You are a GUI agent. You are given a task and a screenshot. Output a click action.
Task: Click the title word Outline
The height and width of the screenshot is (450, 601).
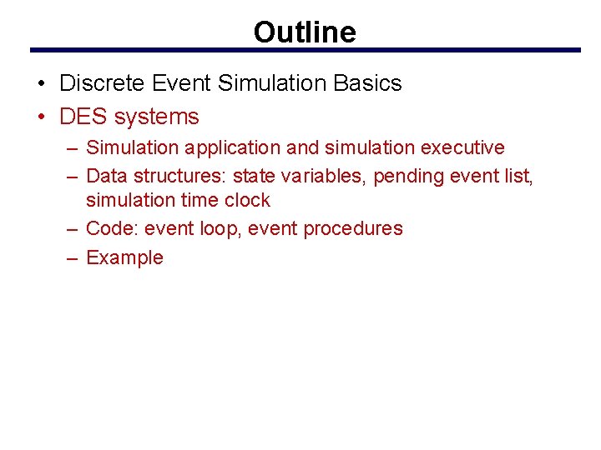click(x=305, y=32)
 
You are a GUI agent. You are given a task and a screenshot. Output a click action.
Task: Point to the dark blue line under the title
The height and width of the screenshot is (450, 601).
click(x=305, y=51)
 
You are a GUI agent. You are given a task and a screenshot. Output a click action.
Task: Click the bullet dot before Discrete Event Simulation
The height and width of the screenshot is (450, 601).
click(x=41, y=83)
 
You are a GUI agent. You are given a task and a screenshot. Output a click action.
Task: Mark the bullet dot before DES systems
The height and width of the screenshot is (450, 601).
click(x=41, y=117)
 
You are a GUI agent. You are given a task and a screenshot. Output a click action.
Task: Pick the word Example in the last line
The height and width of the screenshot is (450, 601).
click(x=124, y=257)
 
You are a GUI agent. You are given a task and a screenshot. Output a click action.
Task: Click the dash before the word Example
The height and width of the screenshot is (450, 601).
click(x=72, y=257)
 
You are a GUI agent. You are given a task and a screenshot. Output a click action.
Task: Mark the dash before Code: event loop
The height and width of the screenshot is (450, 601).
click(x=72, y=228)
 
